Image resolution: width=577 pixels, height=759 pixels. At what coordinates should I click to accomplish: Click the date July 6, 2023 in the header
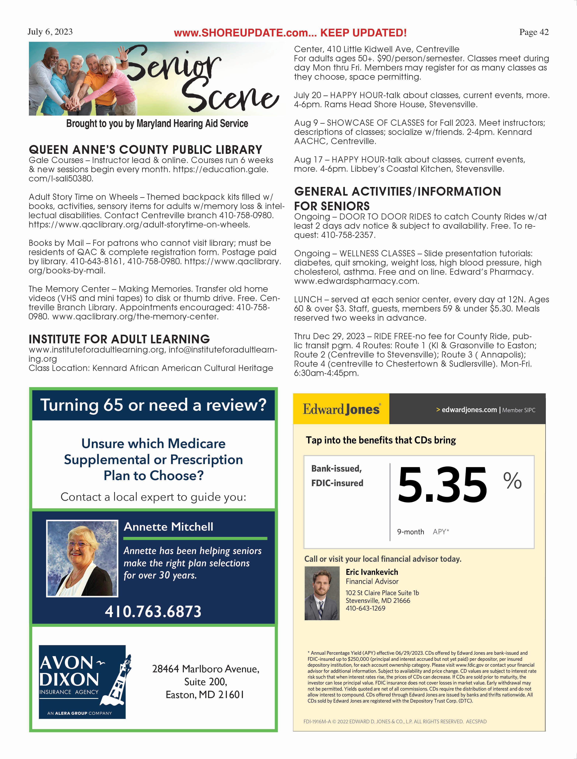click(x=50, y=32)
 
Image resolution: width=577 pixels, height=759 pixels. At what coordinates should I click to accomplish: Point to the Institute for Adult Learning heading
click(x=119, y=339)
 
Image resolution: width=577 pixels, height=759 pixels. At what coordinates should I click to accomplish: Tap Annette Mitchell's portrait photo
click(x=82, y=558)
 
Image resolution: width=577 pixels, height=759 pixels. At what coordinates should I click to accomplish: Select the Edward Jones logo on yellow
click(x=341, y=409)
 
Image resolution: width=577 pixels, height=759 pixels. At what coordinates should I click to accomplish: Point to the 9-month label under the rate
click(x=410, y=532)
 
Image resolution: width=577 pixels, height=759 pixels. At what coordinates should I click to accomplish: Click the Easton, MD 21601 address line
click(x=205, y=695)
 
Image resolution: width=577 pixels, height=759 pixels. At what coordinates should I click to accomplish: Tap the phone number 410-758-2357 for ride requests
click(x=348, y=235)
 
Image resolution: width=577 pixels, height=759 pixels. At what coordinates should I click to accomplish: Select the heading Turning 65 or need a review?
click(x=153, y=405)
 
